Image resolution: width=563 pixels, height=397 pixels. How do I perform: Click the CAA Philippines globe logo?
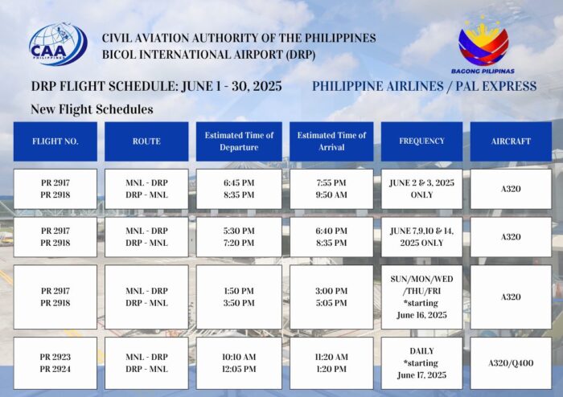coord(58,44)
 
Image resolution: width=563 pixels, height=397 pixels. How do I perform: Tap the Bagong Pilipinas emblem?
coord(483,44)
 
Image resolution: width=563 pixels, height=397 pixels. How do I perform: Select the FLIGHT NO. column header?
coord(55,141)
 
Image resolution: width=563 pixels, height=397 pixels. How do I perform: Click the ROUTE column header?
coord(146,141)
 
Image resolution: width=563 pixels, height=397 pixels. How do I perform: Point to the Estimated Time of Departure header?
coord(239,141)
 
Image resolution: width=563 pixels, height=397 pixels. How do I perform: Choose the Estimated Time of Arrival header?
coord(331,141)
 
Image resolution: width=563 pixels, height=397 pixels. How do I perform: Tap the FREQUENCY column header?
coord(422,141)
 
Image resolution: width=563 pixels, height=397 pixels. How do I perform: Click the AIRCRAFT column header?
coord(511,141)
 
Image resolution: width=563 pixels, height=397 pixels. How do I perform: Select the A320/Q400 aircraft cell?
coord(511,363)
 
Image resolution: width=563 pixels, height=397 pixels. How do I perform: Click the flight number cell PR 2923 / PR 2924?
coord(55,363)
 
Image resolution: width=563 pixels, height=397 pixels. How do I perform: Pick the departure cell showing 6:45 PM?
coord(239,189)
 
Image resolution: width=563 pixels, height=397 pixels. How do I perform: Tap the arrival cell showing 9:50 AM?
coord(331,189)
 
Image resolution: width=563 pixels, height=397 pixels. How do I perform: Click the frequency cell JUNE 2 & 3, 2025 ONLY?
coord(422,189)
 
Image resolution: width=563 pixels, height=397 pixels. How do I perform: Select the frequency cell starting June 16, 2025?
coord(422,297)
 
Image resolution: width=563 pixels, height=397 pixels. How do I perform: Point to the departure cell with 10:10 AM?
coord(239,363)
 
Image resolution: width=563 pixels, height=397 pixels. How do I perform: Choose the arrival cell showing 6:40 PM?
coord(331,237)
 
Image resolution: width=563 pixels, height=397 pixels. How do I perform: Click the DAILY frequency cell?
coord(422,363)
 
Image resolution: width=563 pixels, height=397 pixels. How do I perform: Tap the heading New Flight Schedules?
coord(92,109)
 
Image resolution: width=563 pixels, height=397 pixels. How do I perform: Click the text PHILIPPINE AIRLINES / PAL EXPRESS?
coord(425,87)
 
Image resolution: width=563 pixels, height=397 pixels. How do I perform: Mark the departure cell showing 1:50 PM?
coord(239,297)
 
